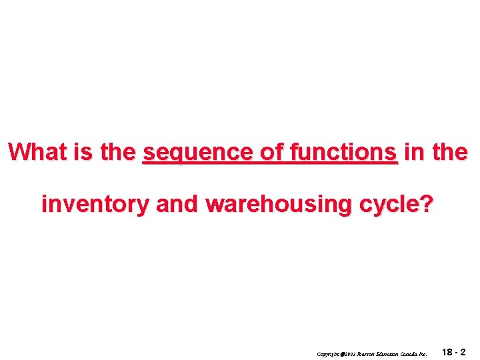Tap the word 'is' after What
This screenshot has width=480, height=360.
[x=83, y=152]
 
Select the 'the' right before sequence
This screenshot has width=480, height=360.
[x=118, y=152]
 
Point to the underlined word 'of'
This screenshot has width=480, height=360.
[x=271, y=152]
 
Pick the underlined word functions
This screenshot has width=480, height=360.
[x=343, y=152]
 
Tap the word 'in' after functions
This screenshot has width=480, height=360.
[x=413, y=152]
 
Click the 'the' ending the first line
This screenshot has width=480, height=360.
[x=448, y=152]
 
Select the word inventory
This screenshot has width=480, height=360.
[x=95, y=205]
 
